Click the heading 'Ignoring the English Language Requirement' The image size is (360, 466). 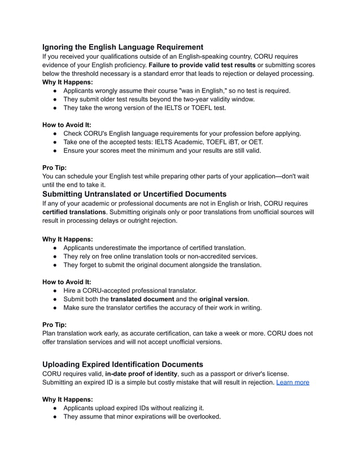(123, 47)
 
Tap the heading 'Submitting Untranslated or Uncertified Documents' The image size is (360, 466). (134, 194)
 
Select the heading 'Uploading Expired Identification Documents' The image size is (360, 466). (123, 364)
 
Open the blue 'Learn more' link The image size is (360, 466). (292, 382)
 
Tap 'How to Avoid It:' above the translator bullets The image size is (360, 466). (67, 282)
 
